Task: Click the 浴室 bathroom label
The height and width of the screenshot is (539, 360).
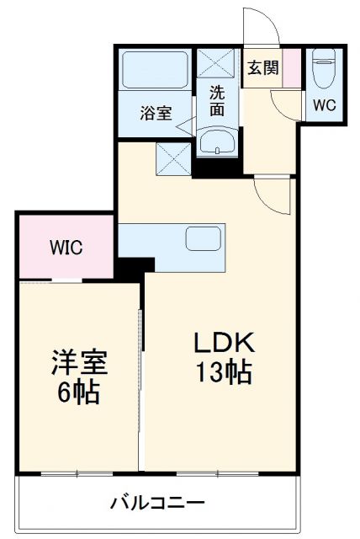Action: click(x=156, y=113)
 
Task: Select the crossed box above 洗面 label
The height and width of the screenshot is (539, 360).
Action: click(x=217, y=65)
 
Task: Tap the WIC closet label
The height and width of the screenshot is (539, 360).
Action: click(x=65, y=248)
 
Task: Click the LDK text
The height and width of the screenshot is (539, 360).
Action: click(x=225, y=344)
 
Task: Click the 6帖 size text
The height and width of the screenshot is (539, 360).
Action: click(x=76, y=392)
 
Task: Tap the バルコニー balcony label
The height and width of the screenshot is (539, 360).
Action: click(x=157, y=504)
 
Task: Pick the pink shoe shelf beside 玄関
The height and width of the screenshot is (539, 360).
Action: click(x=290, y=68)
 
